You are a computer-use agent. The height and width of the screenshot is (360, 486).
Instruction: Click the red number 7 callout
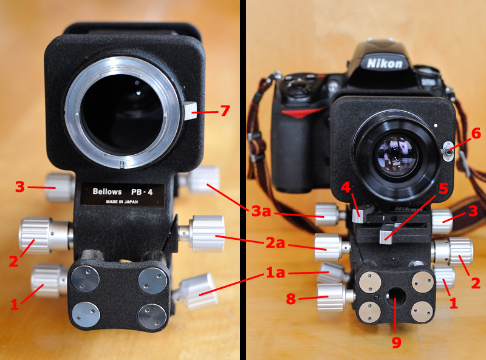pos(225,110)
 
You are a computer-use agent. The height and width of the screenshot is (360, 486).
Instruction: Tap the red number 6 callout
pos(476,133)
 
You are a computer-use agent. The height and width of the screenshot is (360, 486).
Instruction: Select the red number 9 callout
pos(397,342)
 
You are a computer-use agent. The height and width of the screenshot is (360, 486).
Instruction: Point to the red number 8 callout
pos(291,299)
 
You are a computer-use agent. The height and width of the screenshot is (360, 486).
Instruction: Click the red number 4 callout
pos(345,188)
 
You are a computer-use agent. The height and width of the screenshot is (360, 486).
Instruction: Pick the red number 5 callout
pos(443,188)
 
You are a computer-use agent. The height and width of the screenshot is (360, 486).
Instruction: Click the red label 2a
pos(275,243)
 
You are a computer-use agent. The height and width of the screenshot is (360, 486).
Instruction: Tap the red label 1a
pos(275,273)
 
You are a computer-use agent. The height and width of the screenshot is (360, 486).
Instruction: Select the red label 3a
pos(261,211)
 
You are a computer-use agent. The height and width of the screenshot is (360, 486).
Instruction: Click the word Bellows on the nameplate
pos(107,192)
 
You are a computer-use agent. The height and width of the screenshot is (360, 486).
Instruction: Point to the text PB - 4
pos(142,192)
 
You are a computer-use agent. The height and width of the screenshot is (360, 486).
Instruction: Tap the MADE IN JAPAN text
pos(122,202)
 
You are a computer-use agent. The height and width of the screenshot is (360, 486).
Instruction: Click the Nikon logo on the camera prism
pos(385,64)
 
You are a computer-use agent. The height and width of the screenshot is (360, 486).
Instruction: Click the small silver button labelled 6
pos(448,151)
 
